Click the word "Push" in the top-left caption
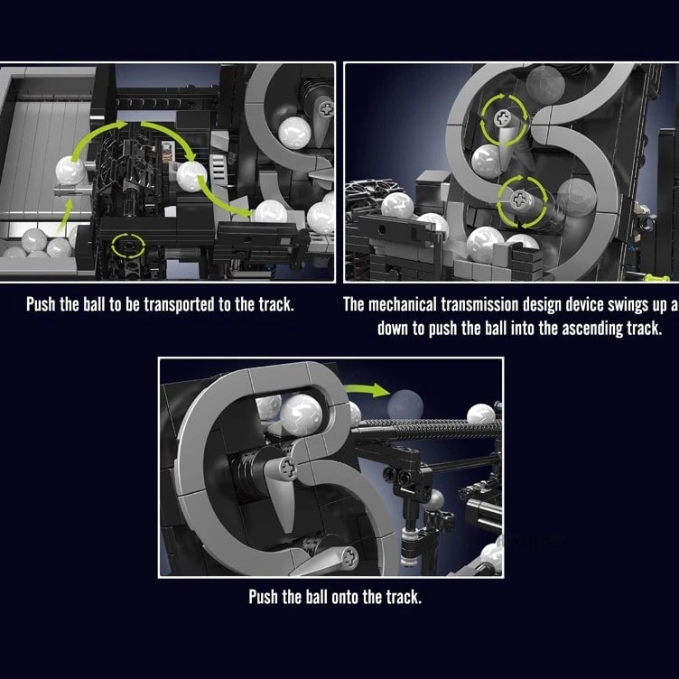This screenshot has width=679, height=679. [x=42, y=304]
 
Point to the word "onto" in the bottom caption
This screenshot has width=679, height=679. [x=346, y=597]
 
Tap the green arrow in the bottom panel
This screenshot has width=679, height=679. [x=368, y=389]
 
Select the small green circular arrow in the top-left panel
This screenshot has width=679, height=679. [x=128, y=246]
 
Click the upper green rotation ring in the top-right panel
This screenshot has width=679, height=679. [x=505, y=117]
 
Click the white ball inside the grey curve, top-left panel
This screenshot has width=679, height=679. [x=294, y=133]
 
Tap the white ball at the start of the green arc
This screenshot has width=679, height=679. [x=70, y=171]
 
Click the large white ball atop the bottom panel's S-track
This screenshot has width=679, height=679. [x=301, y=414]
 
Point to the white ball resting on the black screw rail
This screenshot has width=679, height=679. [x=481, y=414]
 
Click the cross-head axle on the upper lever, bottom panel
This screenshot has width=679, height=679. [x=288, y=467]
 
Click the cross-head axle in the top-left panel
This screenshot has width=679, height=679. [x=325, y=108]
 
